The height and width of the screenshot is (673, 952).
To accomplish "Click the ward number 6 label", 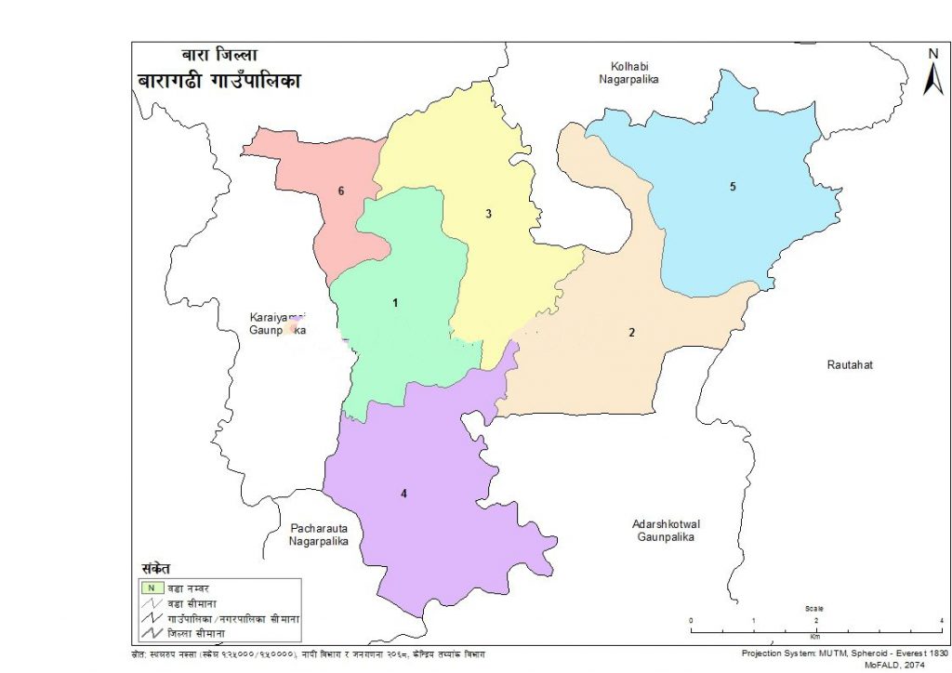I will [x=341, y=191].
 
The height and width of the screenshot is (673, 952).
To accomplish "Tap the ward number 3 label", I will [x=488, y=215].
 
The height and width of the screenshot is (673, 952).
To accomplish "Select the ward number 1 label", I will [x=395, y=303].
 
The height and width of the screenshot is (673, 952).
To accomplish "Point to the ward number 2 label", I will [x=631, y=333].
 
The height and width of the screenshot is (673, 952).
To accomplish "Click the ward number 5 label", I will [x=733, y=188].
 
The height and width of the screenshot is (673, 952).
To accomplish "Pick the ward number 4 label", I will [x=403, y=494].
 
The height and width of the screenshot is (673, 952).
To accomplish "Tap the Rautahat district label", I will [x=850, y=364].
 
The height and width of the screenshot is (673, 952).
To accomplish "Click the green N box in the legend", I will [x=148, y=587].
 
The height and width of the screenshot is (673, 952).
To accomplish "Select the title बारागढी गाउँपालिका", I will [x=219, y=82].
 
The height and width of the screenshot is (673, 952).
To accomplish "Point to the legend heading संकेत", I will [x=154, y=568].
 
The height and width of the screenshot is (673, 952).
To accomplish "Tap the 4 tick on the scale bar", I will [x=942, y=620].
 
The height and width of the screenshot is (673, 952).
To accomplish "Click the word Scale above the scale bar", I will [x=814, y=609].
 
